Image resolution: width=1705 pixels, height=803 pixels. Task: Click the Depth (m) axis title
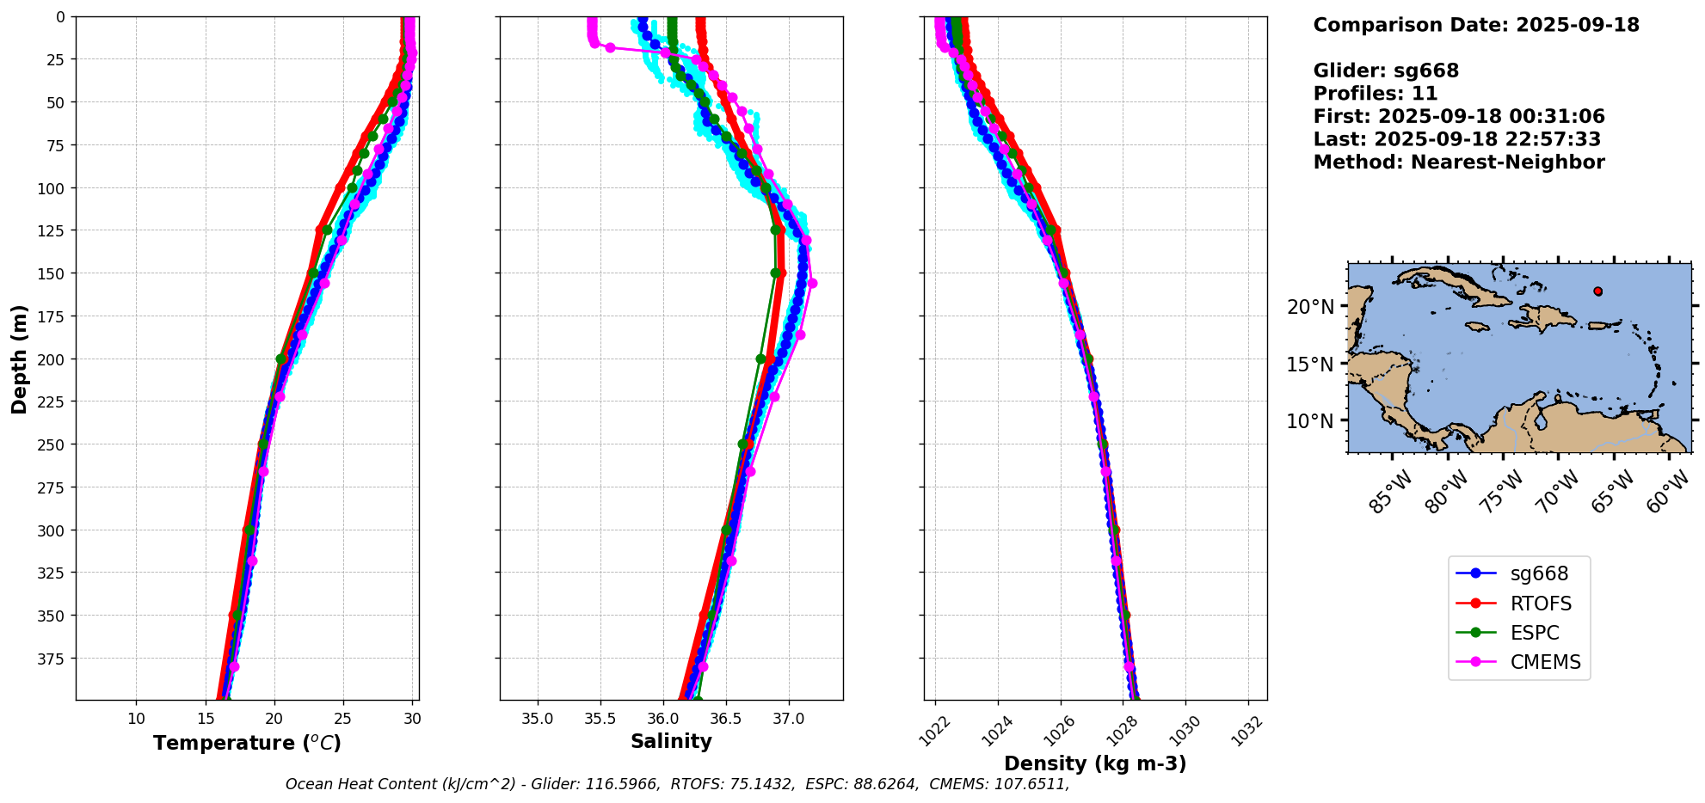[x=19, y=359]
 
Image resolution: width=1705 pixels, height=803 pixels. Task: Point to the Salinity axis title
[x=671, y=742]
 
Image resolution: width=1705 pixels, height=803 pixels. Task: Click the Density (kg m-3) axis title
[x=1095, y=763]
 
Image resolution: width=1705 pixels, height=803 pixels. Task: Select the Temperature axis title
[x=247, y=743]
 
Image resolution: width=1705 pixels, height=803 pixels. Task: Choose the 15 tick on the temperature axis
[x=206, y=719]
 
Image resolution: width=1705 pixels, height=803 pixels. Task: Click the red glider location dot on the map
[x=1597, y=291]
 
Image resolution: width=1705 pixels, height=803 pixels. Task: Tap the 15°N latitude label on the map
[x=1310, y=365]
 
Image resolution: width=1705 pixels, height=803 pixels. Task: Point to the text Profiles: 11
[x=1375, y=94]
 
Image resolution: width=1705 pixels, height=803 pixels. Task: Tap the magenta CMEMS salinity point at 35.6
[x=610, y=47]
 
